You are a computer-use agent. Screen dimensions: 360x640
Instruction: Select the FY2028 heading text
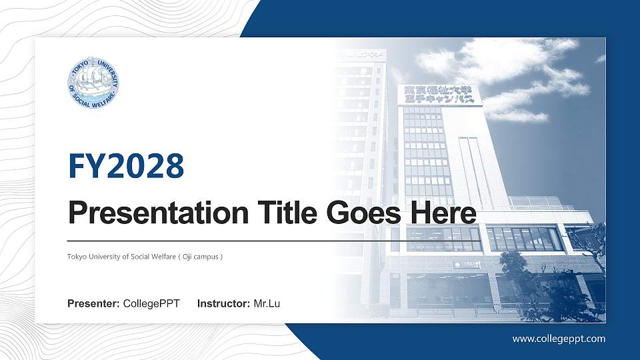(x=126, y=166)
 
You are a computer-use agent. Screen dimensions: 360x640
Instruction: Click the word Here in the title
(x=444, y=214)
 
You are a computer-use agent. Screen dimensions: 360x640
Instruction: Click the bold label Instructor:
(x=224, y=304)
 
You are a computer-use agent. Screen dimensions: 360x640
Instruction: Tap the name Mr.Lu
(x=267, y=304)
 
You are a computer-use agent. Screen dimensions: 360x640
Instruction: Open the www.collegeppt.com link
(x=559, y=339)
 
